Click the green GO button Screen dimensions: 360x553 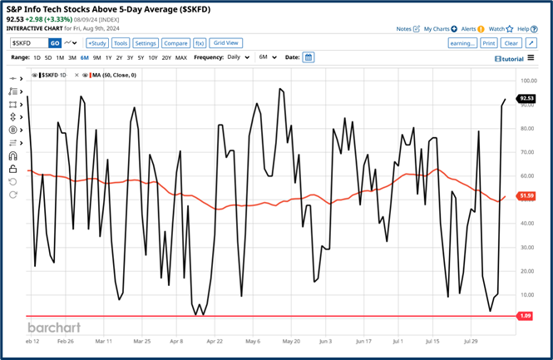pos(55,42)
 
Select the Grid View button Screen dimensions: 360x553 pos(226,42)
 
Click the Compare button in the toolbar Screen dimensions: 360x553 pos(175,42)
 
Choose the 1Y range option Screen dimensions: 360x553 pos(109,57)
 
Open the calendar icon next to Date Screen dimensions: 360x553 pos(309,57)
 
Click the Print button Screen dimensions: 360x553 pos(488,42)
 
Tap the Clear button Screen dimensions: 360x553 pos(511,42)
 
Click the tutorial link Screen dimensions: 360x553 pos(509,58)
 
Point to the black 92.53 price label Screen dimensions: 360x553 pos(526,98)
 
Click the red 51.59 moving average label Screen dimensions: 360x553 pos(526,196)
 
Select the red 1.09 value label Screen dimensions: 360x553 pos(526,316)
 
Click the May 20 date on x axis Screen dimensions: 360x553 pos(291,341)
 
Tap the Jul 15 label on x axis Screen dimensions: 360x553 pos(432,341)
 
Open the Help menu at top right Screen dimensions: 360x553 pos(522,28)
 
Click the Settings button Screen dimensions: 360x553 pos(146,42)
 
